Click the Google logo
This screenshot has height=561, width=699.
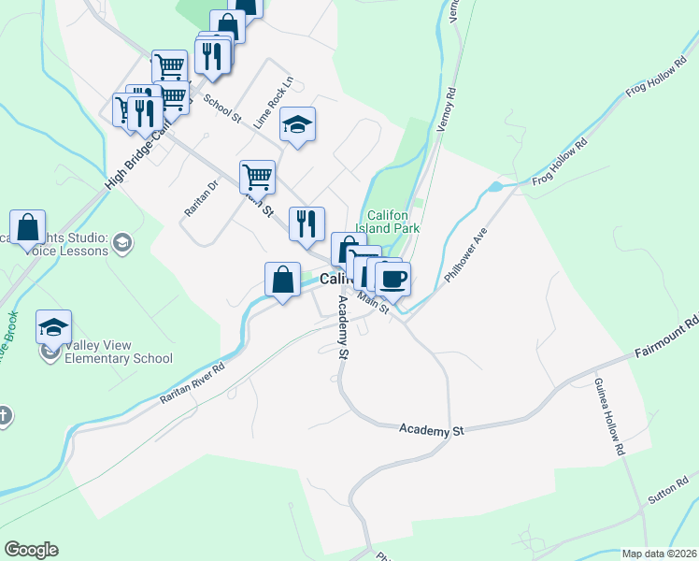pos(31,550)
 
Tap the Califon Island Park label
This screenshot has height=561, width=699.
pos(392,221)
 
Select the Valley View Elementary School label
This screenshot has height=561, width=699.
pos(119,351)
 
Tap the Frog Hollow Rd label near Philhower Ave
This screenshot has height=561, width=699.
pos(560,161)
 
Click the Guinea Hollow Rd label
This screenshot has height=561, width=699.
pos(607,416)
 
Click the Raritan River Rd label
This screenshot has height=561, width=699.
pos(193,382)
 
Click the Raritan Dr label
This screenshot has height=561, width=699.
pos(200,198)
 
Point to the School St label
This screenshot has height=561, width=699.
pos(222,112)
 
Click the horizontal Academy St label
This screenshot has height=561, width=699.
pos(431,430)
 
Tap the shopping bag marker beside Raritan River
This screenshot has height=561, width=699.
pos(282,280)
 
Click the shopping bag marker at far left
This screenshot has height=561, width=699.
pos(28,227)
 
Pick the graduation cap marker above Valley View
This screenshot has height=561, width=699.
pos(54,327)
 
